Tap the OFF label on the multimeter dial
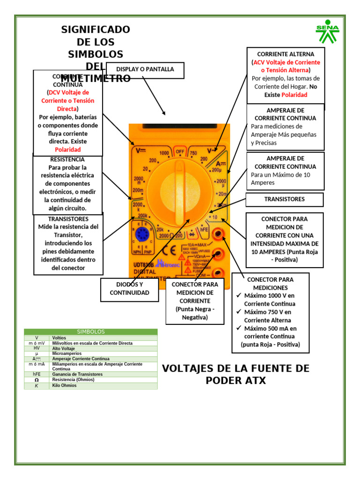(x=180, y=151)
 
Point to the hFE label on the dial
(x=204, y=230)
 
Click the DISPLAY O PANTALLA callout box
(x=145, y=69)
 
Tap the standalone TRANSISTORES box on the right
(x=285, y=199)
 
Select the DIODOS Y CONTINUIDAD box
(x=129, y=289)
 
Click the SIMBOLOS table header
(x=91, y=331)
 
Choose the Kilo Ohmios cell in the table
(x=64, y=385)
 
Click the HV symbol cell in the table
(x=37, y=348)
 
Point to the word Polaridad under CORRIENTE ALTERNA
(x=294, y=95)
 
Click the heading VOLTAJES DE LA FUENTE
(x=236, y=374)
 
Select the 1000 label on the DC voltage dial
(x=164, y=153)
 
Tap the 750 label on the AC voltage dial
(x=193, y=153)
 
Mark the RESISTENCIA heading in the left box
(x=67, y=159)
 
